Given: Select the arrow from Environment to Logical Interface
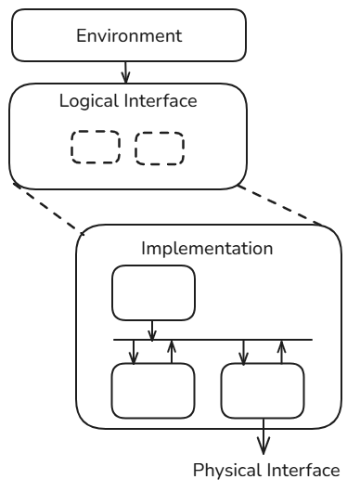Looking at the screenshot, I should click(127, 70).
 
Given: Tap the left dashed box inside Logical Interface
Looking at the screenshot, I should click(96, 148).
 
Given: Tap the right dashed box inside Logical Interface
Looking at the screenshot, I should click(160, 149).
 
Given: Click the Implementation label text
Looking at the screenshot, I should click(206, 249).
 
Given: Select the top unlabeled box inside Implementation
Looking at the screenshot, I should click(153, 292).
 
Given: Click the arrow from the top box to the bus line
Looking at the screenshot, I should click(153, 329).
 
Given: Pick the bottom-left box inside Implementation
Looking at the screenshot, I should click(153, 391).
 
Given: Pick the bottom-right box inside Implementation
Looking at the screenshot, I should click(263, 391).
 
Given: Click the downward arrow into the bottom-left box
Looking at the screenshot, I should click(135, 351).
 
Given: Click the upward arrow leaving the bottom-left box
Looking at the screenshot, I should click(171, 351).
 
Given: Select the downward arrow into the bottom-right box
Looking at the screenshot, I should click(244, 351).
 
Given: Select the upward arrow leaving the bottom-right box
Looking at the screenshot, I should click(281, 351).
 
